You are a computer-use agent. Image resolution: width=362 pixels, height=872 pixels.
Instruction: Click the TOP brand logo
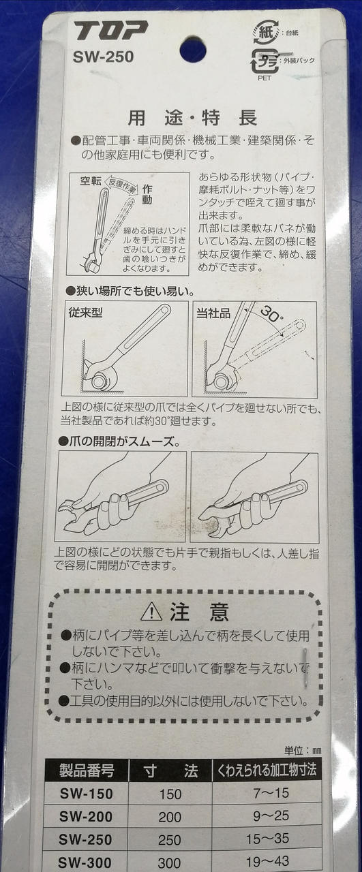110,31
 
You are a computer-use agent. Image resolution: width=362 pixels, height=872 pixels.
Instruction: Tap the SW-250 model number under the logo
103,57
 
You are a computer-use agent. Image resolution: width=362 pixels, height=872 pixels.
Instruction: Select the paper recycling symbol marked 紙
266,32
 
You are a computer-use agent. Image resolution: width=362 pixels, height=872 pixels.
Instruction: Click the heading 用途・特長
192,118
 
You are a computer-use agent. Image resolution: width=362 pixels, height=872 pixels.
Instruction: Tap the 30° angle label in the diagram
272,313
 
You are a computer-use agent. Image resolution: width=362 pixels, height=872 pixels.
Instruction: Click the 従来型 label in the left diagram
85,312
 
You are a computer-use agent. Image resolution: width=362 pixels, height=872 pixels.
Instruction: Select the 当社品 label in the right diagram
213,313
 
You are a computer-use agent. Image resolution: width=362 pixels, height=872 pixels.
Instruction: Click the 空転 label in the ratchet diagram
91,181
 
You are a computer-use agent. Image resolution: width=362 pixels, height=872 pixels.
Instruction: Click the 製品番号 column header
87,770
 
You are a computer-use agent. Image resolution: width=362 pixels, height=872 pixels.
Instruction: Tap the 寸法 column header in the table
170,770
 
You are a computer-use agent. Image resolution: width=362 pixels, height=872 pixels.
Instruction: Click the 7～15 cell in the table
271,793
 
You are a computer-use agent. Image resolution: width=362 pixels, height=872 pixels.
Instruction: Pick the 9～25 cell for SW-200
271,815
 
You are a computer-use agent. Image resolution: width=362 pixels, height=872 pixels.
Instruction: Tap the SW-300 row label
85,862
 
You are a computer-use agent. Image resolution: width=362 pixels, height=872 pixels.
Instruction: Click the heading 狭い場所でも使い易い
130,291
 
